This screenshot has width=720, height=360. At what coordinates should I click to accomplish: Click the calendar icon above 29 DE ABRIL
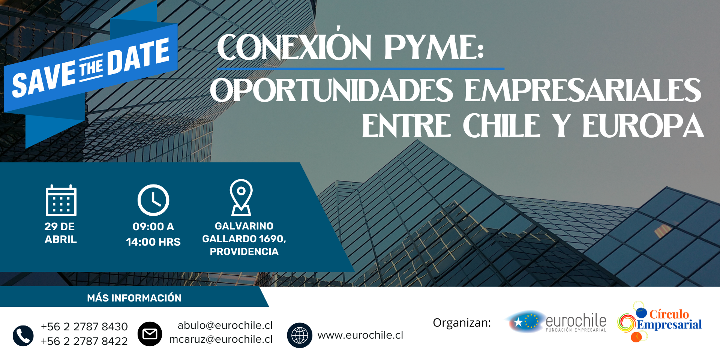[x=61, y=200]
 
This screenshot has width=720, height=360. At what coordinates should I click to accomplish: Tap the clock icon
[x=153, y=200]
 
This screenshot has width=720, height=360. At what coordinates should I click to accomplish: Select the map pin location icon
[x=241, y=197]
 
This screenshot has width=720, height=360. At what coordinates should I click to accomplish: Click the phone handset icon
[x=23, y=335]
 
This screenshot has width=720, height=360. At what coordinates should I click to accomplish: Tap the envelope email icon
[x=150, y=334]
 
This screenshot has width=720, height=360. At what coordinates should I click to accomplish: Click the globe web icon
[x=300, y=335]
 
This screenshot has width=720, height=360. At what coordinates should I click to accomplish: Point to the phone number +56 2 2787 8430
[x=84, y=327]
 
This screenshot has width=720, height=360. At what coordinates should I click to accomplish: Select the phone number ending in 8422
[x=84, y=341]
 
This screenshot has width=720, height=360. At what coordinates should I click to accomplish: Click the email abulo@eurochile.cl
[x=225, y=325]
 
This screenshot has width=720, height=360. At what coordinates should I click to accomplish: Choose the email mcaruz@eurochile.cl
[x=221, y=339]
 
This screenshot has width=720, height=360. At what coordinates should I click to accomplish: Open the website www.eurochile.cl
[x=360, y=335]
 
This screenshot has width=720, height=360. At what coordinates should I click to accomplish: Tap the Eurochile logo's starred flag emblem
[x=525, y=321]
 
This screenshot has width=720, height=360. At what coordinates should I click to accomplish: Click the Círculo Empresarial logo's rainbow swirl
[x=627, y=323]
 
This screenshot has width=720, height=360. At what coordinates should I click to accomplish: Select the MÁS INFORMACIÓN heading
[x=134, y=298]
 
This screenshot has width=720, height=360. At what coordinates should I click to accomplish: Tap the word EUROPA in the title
[x=643, y=126]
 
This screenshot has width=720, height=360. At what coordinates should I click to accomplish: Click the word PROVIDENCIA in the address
[x=244, y=252]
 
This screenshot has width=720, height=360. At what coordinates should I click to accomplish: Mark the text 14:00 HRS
[x=153, y=242]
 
